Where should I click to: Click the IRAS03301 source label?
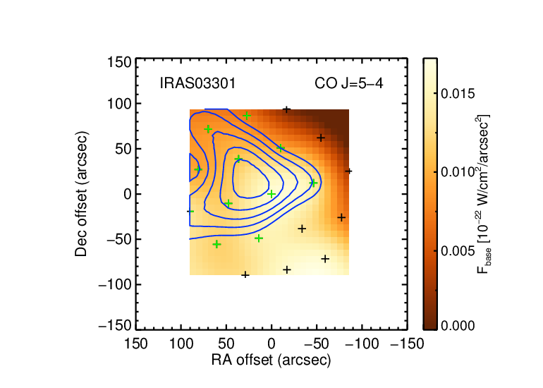[197, 83]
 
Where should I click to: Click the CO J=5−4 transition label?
[349, 83]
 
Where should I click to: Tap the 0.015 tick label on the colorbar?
[458, 94]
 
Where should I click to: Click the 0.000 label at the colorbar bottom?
[458, 326]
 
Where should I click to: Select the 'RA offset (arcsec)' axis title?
[271, 360]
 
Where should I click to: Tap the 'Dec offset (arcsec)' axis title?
[81, 194]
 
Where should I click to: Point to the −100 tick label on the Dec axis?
[115, 285]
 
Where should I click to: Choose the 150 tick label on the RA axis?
[135, 344]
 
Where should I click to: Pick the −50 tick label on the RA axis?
[317, 344]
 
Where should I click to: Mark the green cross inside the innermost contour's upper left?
[238, 159]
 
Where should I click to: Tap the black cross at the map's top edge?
[286, 110]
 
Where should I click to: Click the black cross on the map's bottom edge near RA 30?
[245, 274]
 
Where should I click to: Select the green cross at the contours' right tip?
[313, 183]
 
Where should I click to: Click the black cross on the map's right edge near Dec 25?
[348, 171]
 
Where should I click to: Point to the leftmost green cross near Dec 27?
[198, 169]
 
